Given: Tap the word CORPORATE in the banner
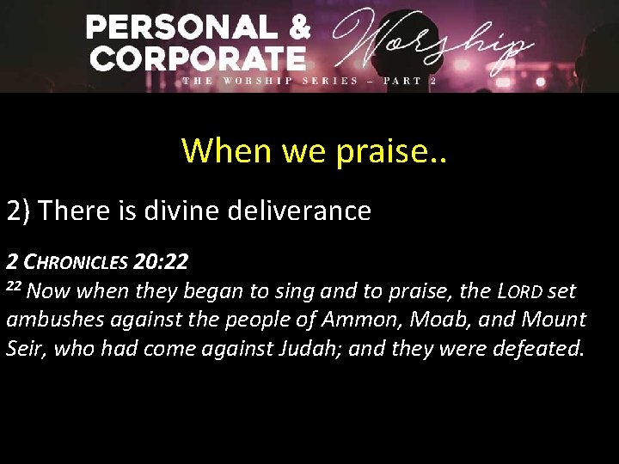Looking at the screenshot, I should pyautogui.click(x=198, y=58).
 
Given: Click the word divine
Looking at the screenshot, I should pyautogui.click(x=180, y=211).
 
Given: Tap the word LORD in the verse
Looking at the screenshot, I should pyautogui.click(x=520, y=292).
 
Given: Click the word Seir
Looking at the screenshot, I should pyautogui.click(x=24, y=350).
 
